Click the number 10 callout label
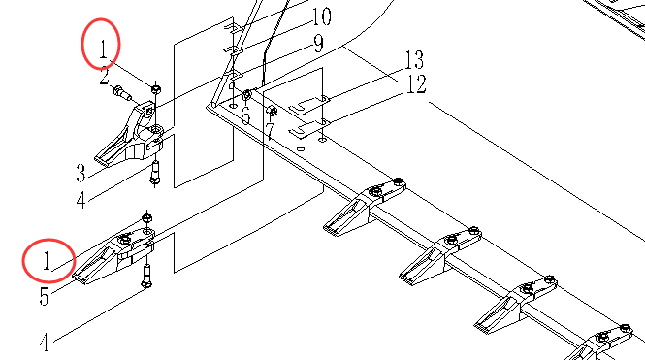(321, 16)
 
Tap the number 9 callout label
(318, 44)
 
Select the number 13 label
(414, 60)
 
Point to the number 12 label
(416, 84)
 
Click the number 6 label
(245, 115)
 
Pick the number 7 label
(270, 132)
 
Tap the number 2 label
(105, 77)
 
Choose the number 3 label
(81, 174)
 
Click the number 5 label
(44, 296)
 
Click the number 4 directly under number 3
(81, 200)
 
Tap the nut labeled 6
(246, 96)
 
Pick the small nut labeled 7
(272, 111)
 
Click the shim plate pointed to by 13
(308, 105)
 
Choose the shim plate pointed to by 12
(308, 128)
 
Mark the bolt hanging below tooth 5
(146, 277)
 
